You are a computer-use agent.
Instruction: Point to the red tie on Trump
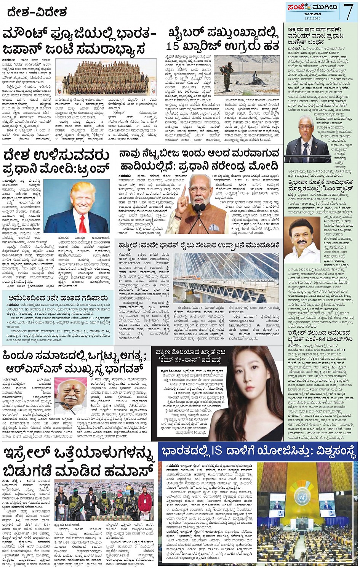[82, 224]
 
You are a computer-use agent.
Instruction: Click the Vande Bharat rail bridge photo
[226, 278]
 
